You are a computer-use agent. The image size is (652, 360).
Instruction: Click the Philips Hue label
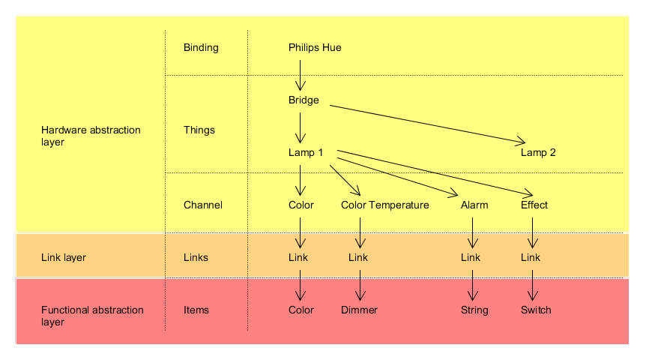coord(315,48)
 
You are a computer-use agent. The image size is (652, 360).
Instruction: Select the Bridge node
coord(304,100)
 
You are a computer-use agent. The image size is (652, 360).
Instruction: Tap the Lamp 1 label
coord(306,153)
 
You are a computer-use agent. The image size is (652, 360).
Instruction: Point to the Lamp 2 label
coord(538,153)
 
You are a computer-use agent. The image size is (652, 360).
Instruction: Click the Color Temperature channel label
coord(384,205)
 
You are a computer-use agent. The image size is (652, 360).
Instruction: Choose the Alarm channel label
coord(474,205)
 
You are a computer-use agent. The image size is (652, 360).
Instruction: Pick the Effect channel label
coord(534,205)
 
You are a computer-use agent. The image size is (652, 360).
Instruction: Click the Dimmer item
coord(359,310)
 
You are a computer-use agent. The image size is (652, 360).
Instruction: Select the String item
coord(474,310)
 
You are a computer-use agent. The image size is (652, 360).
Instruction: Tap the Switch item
coord(536,310)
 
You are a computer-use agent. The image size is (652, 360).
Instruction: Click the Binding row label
coord(201,48)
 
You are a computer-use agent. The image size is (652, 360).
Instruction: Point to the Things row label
coord(199,130)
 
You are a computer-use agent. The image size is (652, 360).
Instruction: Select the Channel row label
coord(203,205)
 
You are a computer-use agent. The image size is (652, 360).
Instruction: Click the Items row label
coord(196,310)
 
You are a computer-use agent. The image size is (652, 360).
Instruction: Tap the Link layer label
coord(64,258)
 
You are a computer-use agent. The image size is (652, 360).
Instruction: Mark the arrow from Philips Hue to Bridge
coord(301,75)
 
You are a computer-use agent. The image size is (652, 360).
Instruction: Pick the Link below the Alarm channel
coord(471,258)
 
